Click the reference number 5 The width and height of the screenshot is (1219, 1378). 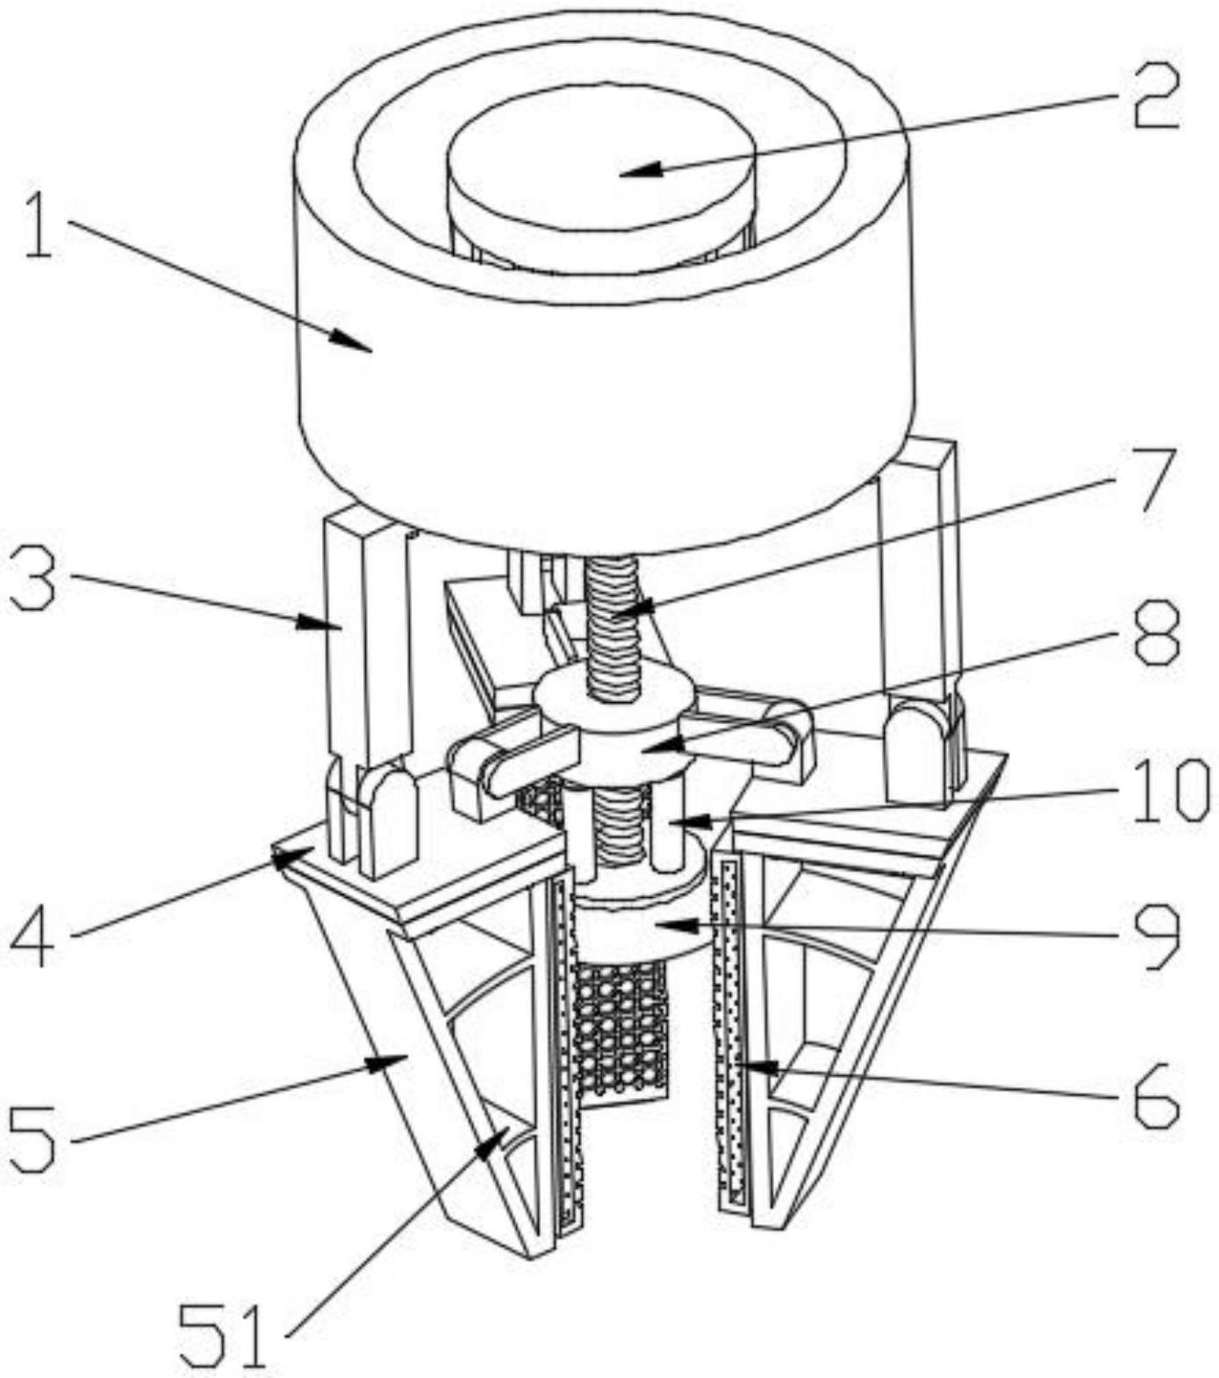click(x=34, y=1138)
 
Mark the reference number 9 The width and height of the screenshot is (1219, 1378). click(x=1156, y=937)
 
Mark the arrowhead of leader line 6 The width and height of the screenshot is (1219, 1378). click(x=742, y=1065)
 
